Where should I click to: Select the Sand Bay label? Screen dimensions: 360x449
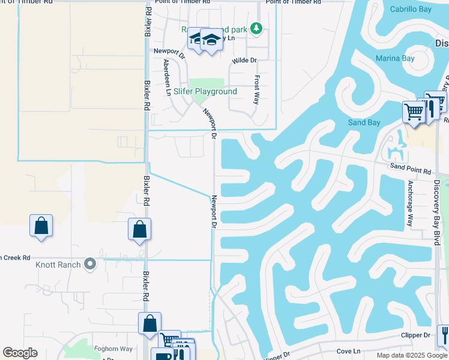pyautogui.click(x=364, y=122)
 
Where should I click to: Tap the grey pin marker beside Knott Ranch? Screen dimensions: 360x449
pyautogui.click(x=90, y=263)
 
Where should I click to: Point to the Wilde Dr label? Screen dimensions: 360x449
pyautogui.click(x=244, y=61)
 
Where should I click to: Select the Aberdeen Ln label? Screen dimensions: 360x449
pyautogui.click(x=167, y=77)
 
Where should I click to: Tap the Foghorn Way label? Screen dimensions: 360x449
pyautogui.click(x=113, y=348)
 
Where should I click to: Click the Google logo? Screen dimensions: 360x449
pyautogui.click(x=20, y=353)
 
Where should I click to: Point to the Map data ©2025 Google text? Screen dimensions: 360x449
pyautogui.click(x=412, y=355)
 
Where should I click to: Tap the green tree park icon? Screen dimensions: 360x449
pyautogui.click(x=256, y=28)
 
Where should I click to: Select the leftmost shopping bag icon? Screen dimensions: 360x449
pyautogui.click(x=41, y=227)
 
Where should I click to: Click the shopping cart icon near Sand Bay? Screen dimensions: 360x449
pyautogui.click(x=414, y=111)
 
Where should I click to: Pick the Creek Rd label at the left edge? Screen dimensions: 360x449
pyautogui.click(x=15, y=257)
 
